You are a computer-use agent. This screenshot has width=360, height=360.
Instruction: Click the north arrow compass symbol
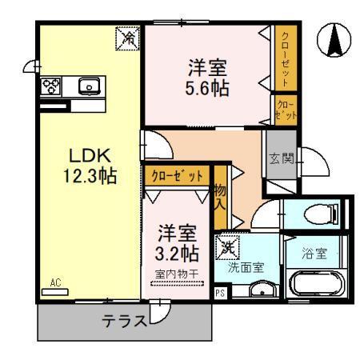[334, 40]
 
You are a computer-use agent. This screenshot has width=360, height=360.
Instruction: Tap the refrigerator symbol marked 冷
[127, 38]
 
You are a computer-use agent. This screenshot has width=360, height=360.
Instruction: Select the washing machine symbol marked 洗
[227, 247]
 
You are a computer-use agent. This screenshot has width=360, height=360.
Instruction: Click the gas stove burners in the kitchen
[51, 86]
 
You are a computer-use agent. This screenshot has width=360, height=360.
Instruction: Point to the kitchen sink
[90, 86]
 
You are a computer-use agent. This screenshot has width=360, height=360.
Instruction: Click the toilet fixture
[322, 214]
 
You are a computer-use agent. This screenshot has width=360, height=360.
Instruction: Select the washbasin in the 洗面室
[262, 289]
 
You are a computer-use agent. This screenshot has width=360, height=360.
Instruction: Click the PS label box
[220, 293]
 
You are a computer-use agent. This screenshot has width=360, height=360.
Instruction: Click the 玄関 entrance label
[282, 158]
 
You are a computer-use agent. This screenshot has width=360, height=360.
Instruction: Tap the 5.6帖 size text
[207, 88]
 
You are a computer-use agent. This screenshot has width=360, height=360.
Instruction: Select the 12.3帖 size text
[90, 175]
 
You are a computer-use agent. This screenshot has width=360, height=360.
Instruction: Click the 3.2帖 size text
[177, 254]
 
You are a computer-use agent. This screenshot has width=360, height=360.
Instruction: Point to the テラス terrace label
[124, 321]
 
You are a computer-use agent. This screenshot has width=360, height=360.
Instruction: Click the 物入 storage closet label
[221, 198]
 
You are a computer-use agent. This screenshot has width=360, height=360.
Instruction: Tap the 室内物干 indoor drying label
[177, 274]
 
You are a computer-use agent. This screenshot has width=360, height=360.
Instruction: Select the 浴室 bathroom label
[314, 253]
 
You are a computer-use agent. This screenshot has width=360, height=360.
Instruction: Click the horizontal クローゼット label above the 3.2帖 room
[177, 176]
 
